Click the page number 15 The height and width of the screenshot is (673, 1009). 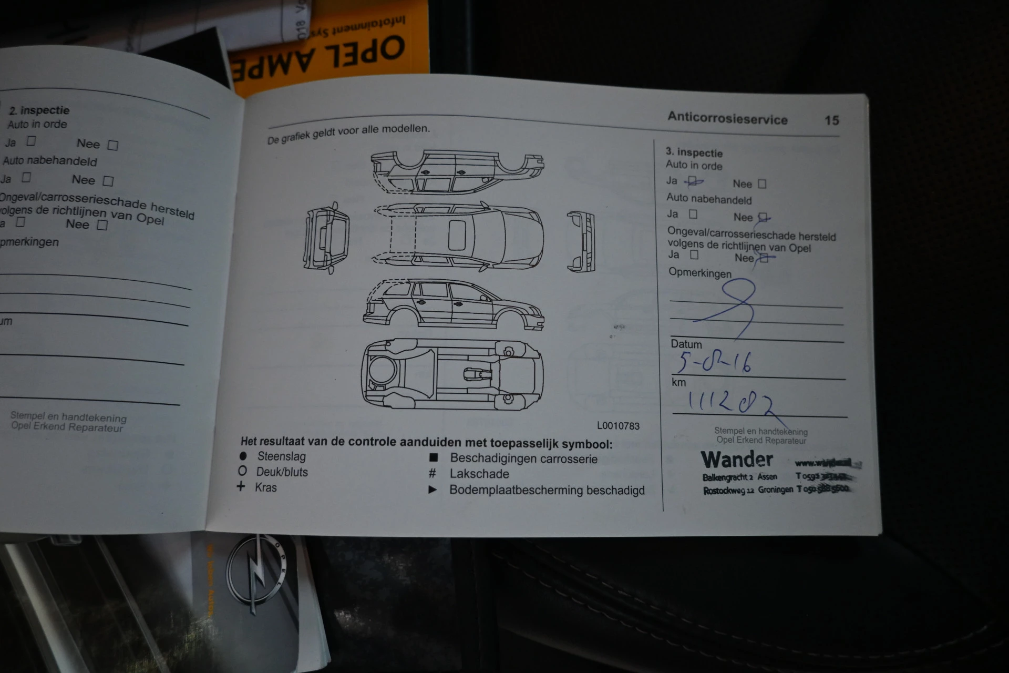click(831, 120)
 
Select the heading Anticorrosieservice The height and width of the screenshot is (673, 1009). click(727, 118)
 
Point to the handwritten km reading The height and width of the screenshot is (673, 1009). click(730, 403)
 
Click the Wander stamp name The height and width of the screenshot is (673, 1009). click(737, 460)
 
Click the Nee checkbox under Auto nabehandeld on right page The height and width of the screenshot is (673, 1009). click(763, 217)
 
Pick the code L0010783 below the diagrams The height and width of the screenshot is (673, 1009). click(618, 426)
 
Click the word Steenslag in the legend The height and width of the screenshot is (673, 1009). click(281, 456)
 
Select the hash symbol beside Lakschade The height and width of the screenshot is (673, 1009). click(433, 474)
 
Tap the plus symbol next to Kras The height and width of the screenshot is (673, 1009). click(241, 486)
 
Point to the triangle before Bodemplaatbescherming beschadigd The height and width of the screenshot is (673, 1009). click(433, 490)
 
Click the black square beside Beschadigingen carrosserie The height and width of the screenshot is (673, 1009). click(434, 458)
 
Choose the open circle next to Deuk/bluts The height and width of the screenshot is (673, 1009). click(242, 471)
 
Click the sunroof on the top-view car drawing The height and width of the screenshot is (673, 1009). click(457, 235)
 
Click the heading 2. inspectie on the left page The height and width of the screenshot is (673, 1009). click(39, 110)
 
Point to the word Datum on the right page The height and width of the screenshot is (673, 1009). click(686, 344)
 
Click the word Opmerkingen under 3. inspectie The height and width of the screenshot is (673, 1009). click(699, 273)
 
